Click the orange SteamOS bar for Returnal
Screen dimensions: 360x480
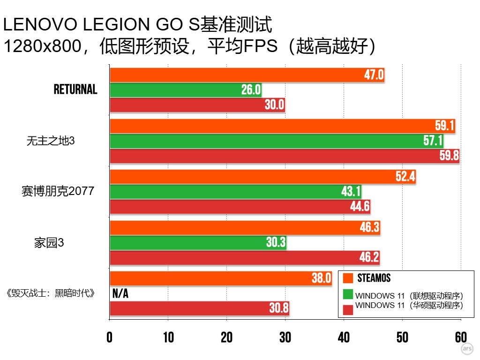coord(247,75)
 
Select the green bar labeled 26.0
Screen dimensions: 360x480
coord(186,90)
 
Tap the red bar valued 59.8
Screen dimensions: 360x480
coord(284,156)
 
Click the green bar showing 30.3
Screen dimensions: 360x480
coord(198,243)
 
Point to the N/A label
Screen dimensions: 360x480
coord(120,293)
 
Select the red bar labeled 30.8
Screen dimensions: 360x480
coord(199,308)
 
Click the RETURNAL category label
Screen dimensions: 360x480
coord(75,90)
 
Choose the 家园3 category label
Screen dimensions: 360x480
coord(49,243)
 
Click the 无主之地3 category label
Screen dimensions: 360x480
coord(51,141)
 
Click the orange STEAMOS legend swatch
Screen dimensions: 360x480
coord(348,278)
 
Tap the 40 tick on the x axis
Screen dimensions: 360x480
coord(344,337)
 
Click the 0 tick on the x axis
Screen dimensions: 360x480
coord(110,337)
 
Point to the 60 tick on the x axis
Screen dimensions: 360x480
coord(461,337)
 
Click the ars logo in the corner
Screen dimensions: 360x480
coord(467,349)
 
